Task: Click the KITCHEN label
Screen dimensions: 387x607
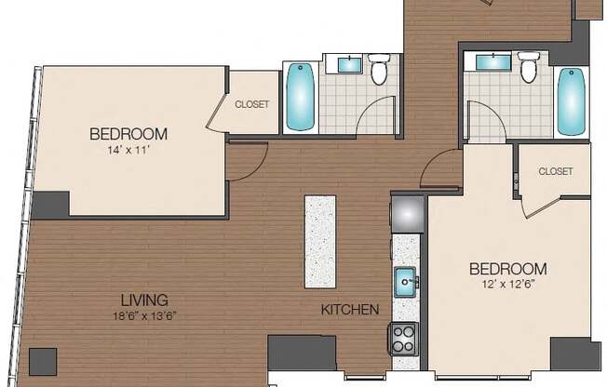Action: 349,309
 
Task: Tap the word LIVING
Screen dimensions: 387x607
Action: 143,300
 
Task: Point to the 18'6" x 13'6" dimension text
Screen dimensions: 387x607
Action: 143,314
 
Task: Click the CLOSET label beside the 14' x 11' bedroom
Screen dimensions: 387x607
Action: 252,104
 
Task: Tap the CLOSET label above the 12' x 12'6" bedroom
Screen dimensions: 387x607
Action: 555,171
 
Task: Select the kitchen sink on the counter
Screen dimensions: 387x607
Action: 406,279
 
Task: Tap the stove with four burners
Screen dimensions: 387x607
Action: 404,337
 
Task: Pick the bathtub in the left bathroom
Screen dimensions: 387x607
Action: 301,96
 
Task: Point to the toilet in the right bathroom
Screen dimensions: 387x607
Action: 529,69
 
